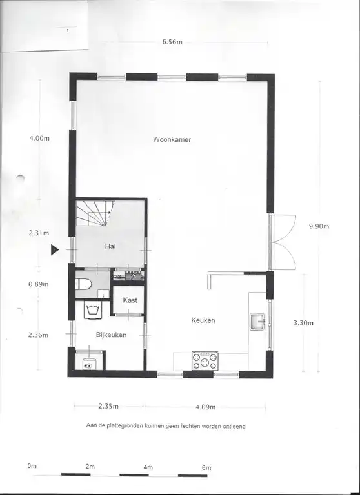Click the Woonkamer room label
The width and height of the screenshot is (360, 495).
(172, 139)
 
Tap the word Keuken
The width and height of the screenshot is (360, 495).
(203, 320)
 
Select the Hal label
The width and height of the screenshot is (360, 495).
(110, 246)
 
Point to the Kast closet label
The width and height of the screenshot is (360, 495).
(130, 300)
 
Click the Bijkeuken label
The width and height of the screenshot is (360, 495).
(111, 335)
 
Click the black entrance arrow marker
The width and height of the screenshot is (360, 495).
(55, 249)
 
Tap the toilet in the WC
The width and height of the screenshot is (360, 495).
(83, 284)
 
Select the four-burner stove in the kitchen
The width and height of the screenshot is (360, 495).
(205, 360)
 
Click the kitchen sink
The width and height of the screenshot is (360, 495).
(257, 322)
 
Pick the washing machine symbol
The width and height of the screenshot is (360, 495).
(93, 309)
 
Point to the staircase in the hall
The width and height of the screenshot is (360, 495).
(95, 213)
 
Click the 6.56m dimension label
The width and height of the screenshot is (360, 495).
(172, 42)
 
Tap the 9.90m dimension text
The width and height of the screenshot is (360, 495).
(319, 226)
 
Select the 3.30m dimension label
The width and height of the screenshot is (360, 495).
(303, 323)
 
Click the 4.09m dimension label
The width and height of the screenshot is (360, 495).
(205, 407)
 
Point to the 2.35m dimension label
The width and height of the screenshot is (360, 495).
(108, 406)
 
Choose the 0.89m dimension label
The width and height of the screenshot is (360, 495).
(39, 284)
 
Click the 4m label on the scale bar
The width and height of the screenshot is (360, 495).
(148, 467)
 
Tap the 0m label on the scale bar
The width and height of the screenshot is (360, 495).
(32, 465)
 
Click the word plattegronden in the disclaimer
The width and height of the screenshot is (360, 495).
(125, 426)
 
